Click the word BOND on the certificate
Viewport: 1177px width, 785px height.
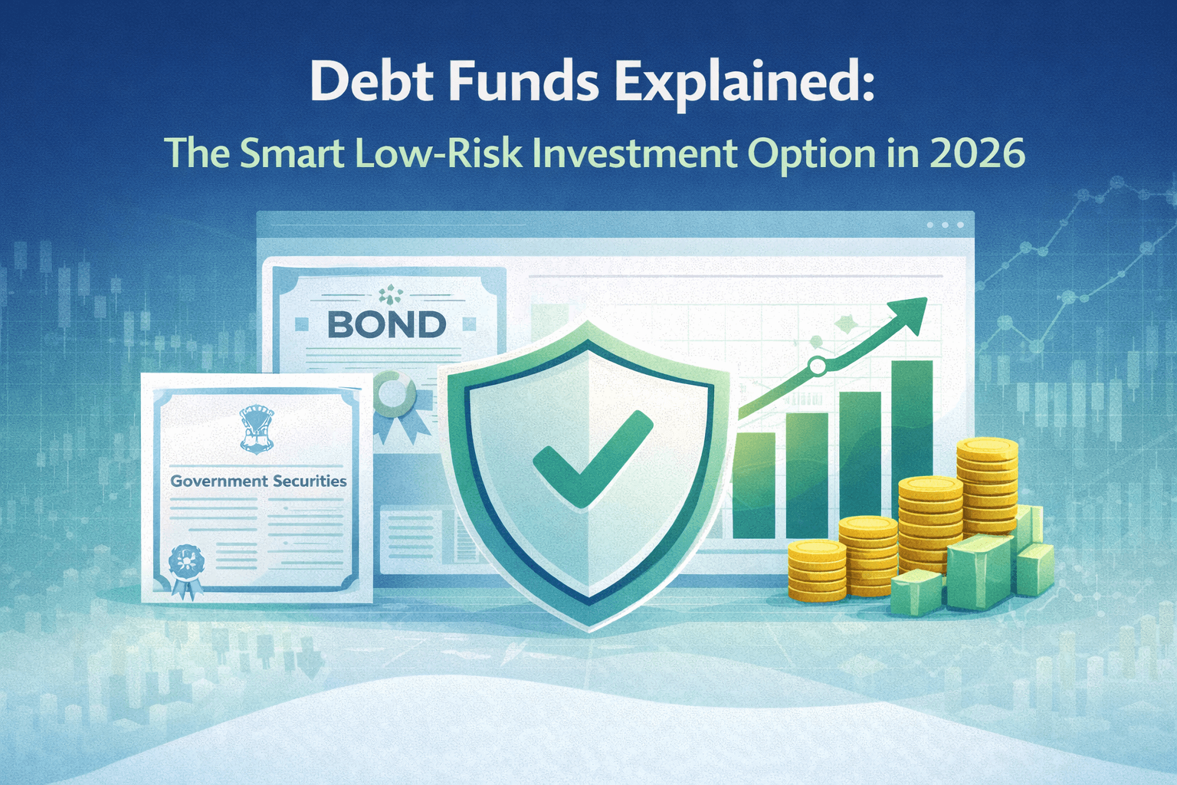click(x=387, y=325)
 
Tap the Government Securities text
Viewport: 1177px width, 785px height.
click(x=258, y=481)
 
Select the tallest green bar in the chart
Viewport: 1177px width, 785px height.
click(x=911, y=429)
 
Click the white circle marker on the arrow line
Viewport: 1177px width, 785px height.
click(x=818, y=366)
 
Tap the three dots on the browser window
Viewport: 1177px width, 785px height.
click(x=945, y=225)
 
